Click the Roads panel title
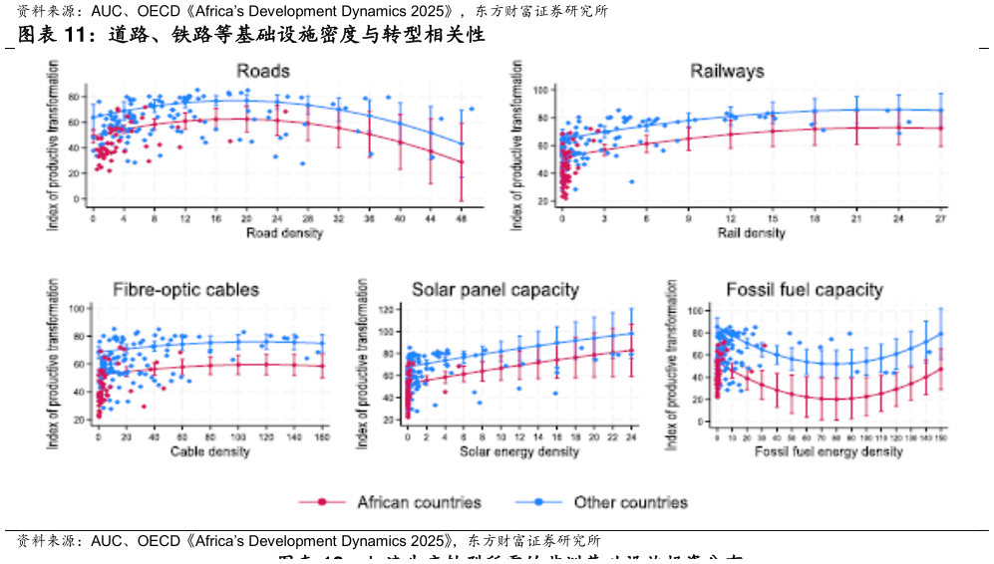click(263, 71)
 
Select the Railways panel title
click(727, 71)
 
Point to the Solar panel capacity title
click(496, 290)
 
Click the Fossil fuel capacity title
click(805, 290)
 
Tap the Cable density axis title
click(209, 451)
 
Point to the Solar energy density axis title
click(519, 451)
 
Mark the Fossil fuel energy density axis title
click(829, 451)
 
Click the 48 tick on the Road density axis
click(461, 218)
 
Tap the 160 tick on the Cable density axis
click(321, 437)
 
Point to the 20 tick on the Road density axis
click(245, 218)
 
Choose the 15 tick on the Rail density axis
click(773, 218)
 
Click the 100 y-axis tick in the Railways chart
click(534, 91)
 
